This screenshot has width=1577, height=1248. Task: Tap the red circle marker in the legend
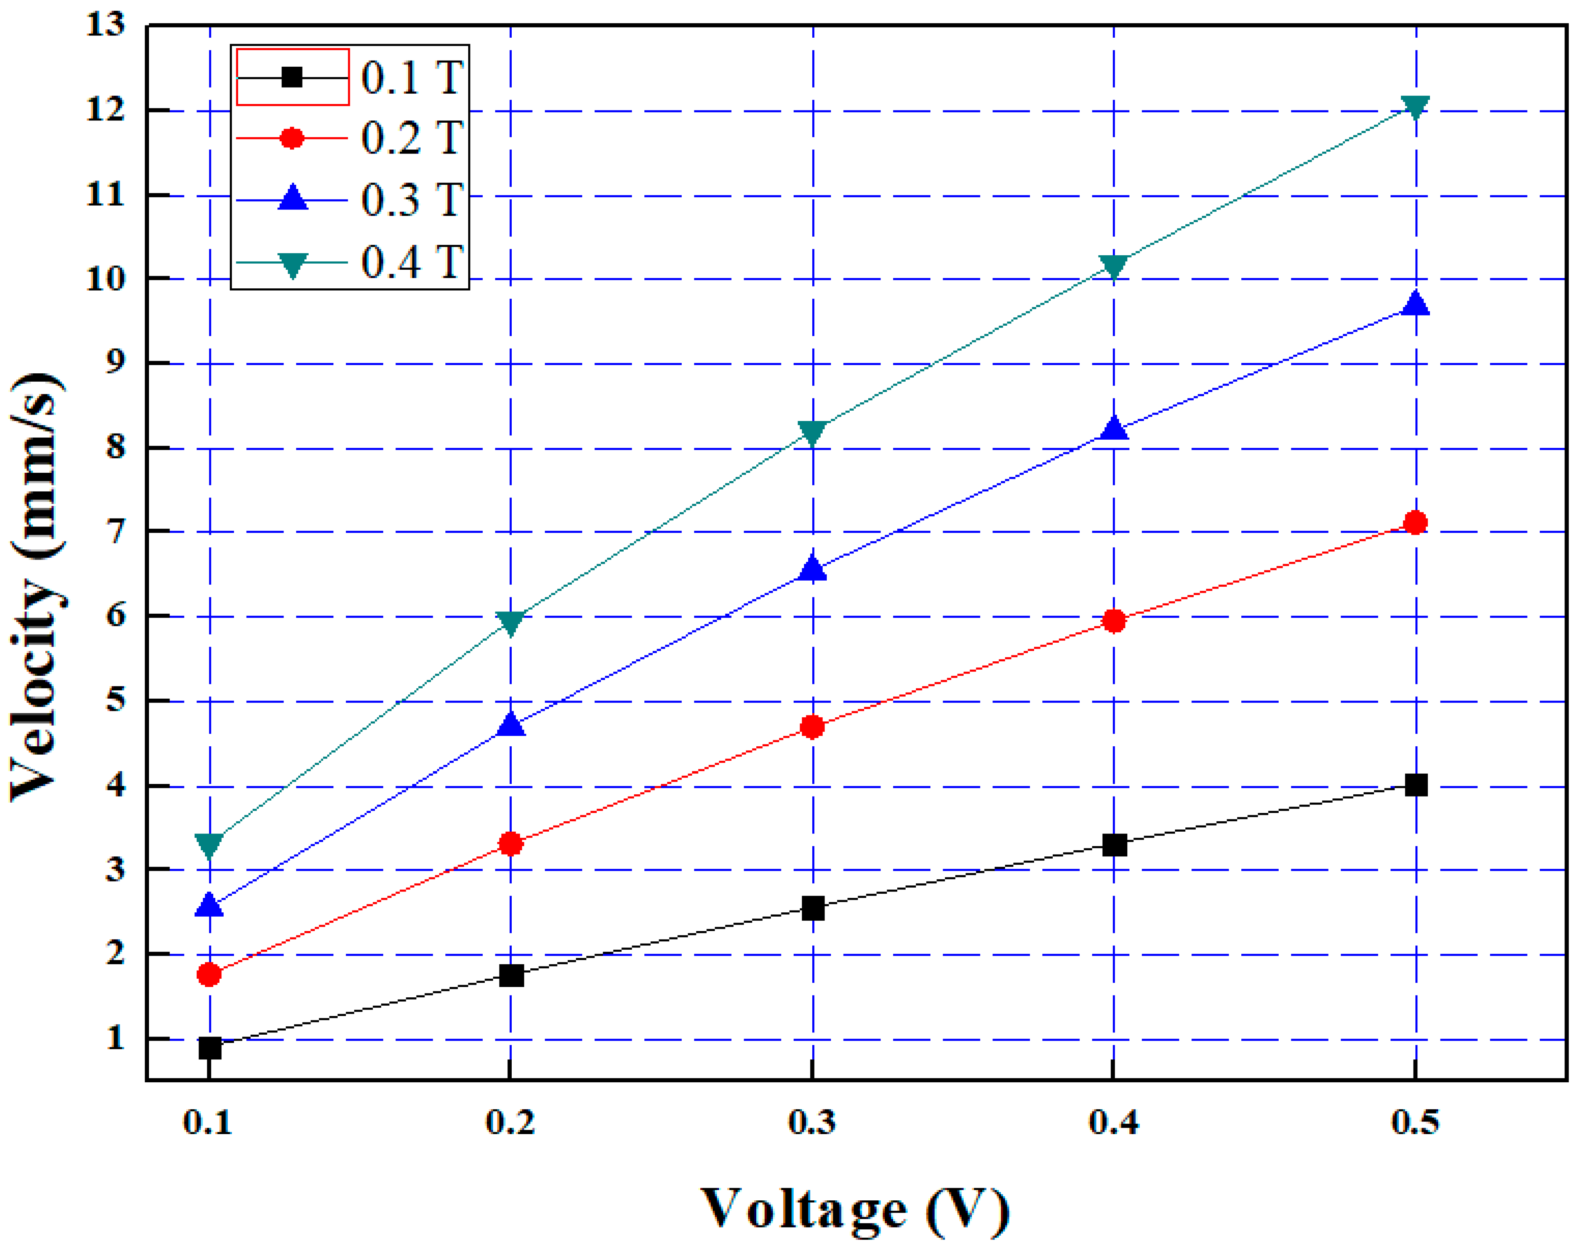point(291,138)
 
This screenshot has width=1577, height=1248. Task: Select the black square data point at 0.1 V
point(210,1048)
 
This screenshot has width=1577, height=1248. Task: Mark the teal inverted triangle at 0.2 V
point(511,622)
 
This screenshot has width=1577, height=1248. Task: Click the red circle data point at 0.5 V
point(1415,522)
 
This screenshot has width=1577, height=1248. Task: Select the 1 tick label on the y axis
point(115,1038)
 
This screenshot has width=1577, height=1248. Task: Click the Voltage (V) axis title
point(855,1210)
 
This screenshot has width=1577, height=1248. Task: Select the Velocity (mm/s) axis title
point(37,584)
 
